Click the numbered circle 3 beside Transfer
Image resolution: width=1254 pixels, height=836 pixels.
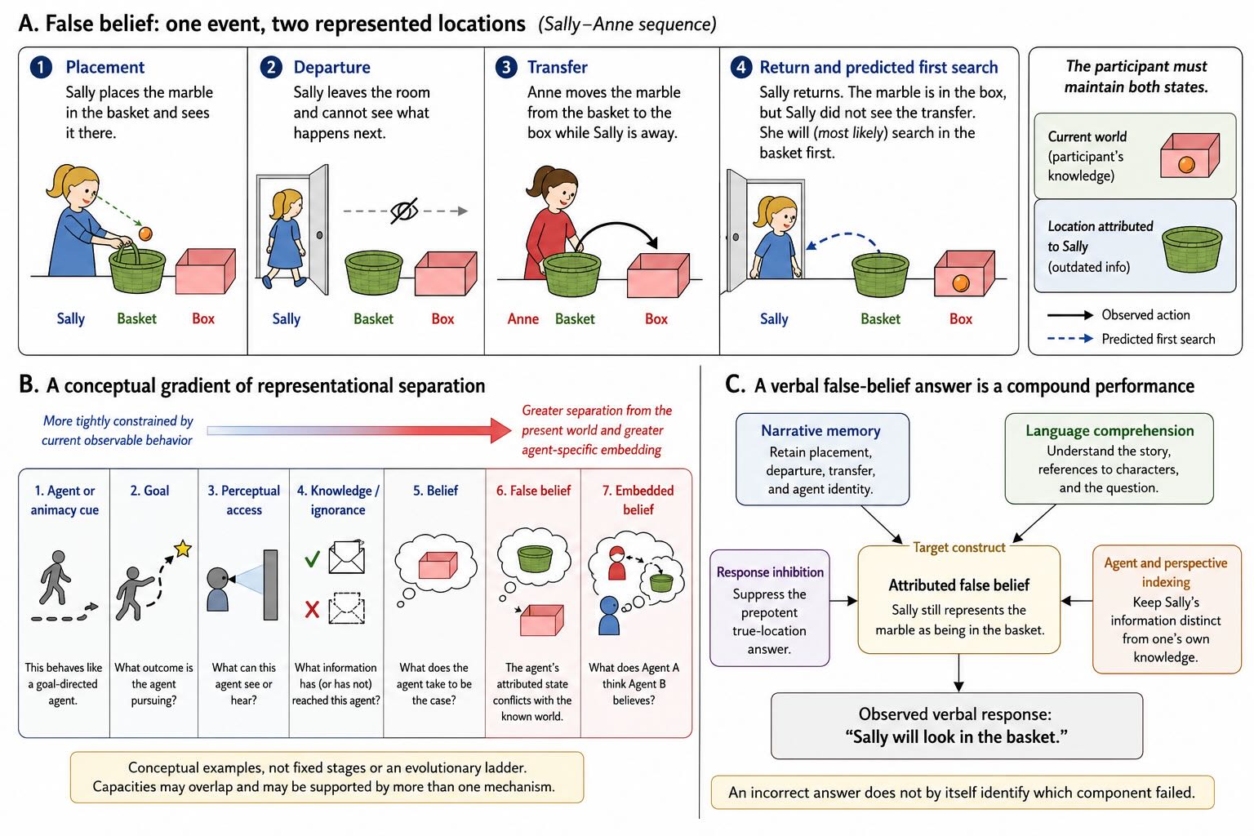(x=506, y=67)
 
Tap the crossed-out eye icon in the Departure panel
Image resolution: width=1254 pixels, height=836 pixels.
(x=404, y=211)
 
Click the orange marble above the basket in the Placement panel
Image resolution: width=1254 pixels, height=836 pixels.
(x=145, y=233)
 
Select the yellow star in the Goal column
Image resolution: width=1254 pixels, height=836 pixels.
(x=183, y=548)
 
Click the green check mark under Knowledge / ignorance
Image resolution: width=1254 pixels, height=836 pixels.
(x=313, y=558)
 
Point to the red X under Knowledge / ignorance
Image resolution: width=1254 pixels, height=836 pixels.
(x=313, y=609)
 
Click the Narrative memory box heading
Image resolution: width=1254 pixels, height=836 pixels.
(x=820, y=430)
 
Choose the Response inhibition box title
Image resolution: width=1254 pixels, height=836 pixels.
(x=771, y=571)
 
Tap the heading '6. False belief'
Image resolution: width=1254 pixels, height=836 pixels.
(x=533, y=491)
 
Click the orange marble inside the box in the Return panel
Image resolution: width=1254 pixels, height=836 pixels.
(x=961, y=283)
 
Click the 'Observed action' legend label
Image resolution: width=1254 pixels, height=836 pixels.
(x=1146, y=314)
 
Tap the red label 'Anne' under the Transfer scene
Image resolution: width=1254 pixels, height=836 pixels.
(x=522, y=319)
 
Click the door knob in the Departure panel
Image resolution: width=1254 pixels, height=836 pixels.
(x=320, y=235)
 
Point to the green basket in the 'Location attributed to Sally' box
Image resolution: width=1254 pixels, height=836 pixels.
(x=1192, y=249)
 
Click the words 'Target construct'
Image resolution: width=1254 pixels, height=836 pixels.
(x=959, y=547)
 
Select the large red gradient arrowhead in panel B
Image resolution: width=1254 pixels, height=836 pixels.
(x=500, y=430)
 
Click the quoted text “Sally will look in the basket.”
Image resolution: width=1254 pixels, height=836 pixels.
(x=956, y=737)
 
